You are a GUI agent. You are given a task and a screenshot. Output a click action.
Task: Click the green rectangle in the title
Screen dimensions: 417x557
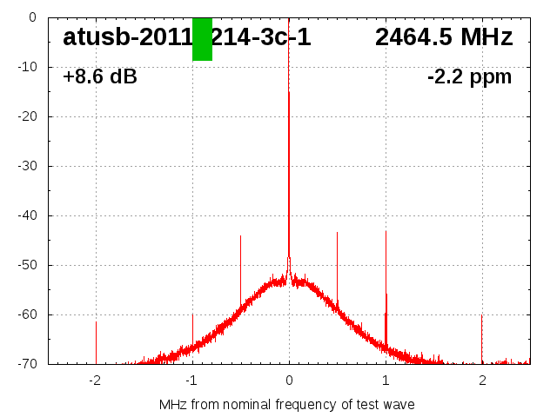click(x=202, y=39)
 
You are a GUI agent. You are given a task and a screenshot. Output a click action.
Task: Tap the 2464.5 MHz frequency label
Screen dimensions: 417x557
click(x=444, y=37)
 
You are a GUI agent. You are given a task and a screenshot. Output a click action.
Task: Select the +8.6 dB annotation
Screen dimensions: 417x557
click(x=100, y=77)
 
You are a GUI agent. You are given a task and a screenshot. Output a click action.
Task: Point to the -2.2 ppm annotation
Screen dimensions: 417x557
click(x=470, y=77)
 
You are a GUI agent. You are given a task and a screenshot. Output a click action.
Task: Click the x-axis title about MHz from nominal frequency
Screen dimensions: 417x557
click(x=287, y=405)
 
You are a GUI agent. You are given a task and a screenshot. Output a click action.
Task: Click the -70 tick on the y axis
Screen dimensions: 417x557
click(x=25, y=364)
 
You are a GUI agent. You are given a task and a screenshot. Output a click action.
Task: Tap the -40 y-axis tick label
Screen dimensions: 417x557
click(x=25, y=215)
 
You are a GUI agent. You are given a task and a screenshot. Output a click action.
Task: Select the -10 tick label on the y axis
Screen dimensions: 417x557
click(x=25, y=67)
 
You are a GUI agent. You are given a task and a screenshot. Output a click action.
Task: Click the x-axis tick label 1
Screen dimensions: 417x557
click(x=386, y=380)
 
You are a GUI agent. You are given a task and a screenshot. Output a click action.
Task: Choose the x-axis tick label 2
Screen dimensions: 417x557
click(x=482, y=380)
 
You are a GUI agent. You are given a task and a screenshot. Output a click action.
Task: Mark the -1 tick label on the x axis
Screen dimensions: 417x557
click(x=191, y=380)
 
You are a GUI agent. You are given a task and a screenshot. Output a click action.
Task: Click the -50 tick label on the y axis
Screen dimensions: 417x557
click(x=25, y=265)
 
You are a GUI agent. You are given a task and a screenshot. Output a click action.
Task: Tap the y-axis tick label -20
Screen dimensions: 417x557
click(x=25, y=116)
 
